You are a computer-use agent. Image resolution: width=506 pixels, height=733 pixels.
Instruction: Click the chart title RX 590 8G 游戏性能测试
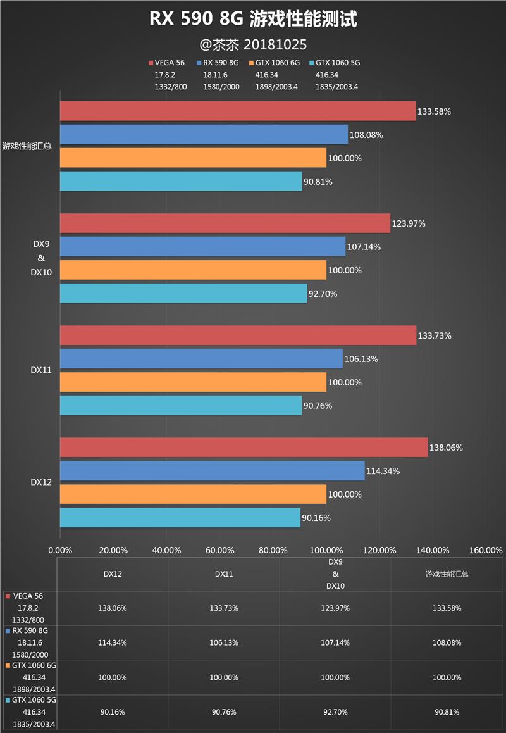pyautogui.click(x=253, y=20)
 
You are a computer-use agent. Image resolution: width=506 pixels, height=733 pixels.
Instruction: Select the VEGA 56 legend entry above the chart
pyautogui.click(x=168, y=63)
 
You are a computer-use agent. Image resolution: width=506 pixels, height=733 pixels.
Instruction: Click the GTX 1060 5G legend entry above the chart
pyautogui.click(x=336, y=63)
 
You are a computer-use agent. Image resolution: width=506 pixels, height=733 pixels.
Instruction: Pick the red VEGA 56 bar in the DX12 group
pyautogui.click(x=244, y=448)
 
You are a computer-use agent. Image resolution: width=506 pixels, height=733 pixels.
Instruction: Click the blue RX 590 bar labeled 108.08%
pyautogui.click(x=204, y=135)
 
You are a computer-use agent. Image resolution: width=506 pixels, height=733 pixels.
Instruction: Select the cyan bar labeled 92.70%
pyautogui.click(x=183, y=294)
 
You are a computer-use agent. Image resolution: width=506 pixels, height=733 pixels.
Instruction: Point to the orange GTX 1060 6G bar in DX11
pyautogui.click(x=193, y=382)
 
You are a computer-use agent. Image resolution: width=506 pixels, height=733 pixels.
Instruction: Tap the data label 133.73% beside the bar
pyautogui.click(x=435, y=336)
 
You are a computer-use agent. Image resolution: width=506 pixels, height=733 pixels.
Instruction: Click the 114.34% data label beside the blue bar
pyautogui.click(x=383, y=471)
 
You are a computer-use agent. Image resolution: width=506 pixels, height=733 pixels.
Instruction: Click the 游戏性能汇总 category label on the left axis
pyautogui.click(x=27, y=146)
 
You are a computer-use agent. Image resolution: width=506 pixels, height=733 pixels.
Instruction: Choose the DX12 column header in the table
pyautogui.click(x=113, y=574)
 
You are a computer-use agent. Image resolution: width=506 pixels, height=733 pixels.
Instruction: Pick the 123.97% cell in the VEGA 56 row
pyautogui.click(x=336, y=608)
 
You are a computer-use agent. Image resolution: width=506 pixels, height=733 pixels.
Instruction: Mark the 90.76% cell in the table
pyautogui.click(x=225, y=712)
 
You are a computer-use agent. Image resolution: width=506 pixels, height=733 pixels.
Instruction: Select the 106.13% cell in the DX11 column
pyautogui.click(x=225, y=642)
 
